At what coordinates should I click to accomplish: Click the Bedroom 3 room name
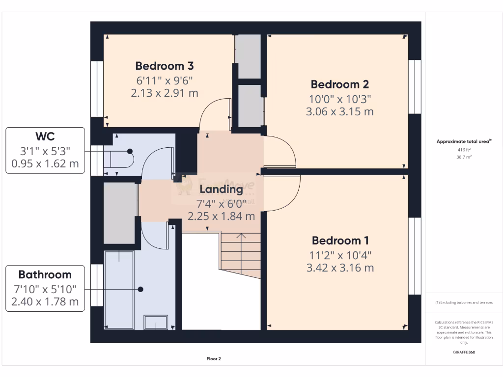[165, 66]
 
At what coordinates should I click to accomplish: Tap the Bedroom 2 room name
[339, 84]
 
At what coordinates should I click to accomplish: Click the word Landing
[221, 188]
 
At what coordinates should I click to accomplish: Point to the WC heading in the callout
[45, 135]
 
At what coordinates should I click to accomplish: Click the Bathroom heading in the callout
[45, 274]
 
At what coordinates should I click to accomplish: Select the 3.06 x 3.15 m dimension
[339, 111]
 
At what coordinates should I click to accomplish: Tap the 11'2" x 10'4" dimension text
[339, 255]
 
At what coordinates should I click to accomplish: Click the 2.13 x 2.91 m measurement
[165, 93]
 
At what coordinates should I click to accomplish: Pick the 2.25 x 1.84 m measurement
[221, 215]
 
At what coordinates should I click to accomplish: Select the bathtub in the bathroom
[119, 290]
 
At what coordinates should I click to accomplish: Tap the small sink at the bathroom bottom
[156, 323]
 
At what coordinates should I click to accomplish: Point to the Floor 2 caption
[214, 359]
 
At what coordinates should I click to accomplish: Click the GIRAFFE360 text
[464, 352]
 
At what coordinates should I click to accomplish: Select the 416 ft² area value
[464, 149]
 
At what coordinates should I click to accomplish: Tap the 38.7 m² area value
[464, 157]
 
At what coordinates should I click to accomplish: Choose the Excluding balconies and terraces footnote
[464, 302]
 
